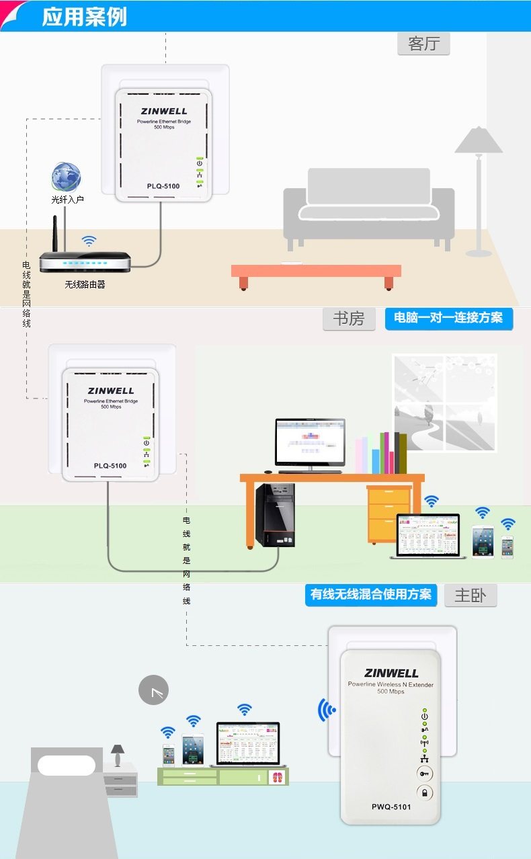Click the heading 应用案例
(84, 17)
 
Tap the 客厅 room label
(423, 44)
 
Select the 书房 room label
(348, 319)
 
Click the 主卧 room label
(470, 596)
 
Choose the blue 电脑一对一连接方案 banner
(448, 318)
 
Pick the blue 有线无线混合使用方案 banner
(371, 595)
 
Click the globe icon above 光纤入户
(67, 177)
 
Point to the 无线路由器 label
(85, 284)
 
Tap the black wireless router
(84, 261)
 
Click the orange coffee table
(316, 272)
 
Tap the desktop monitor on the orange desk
(310, 444)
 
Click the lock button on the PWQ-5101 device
(425, 792)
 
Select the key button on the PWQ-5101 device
(425, 773)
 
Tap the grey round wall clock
(153, 690)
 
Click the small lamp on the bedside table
(118, 754)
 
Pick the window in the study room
(444, 403)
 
